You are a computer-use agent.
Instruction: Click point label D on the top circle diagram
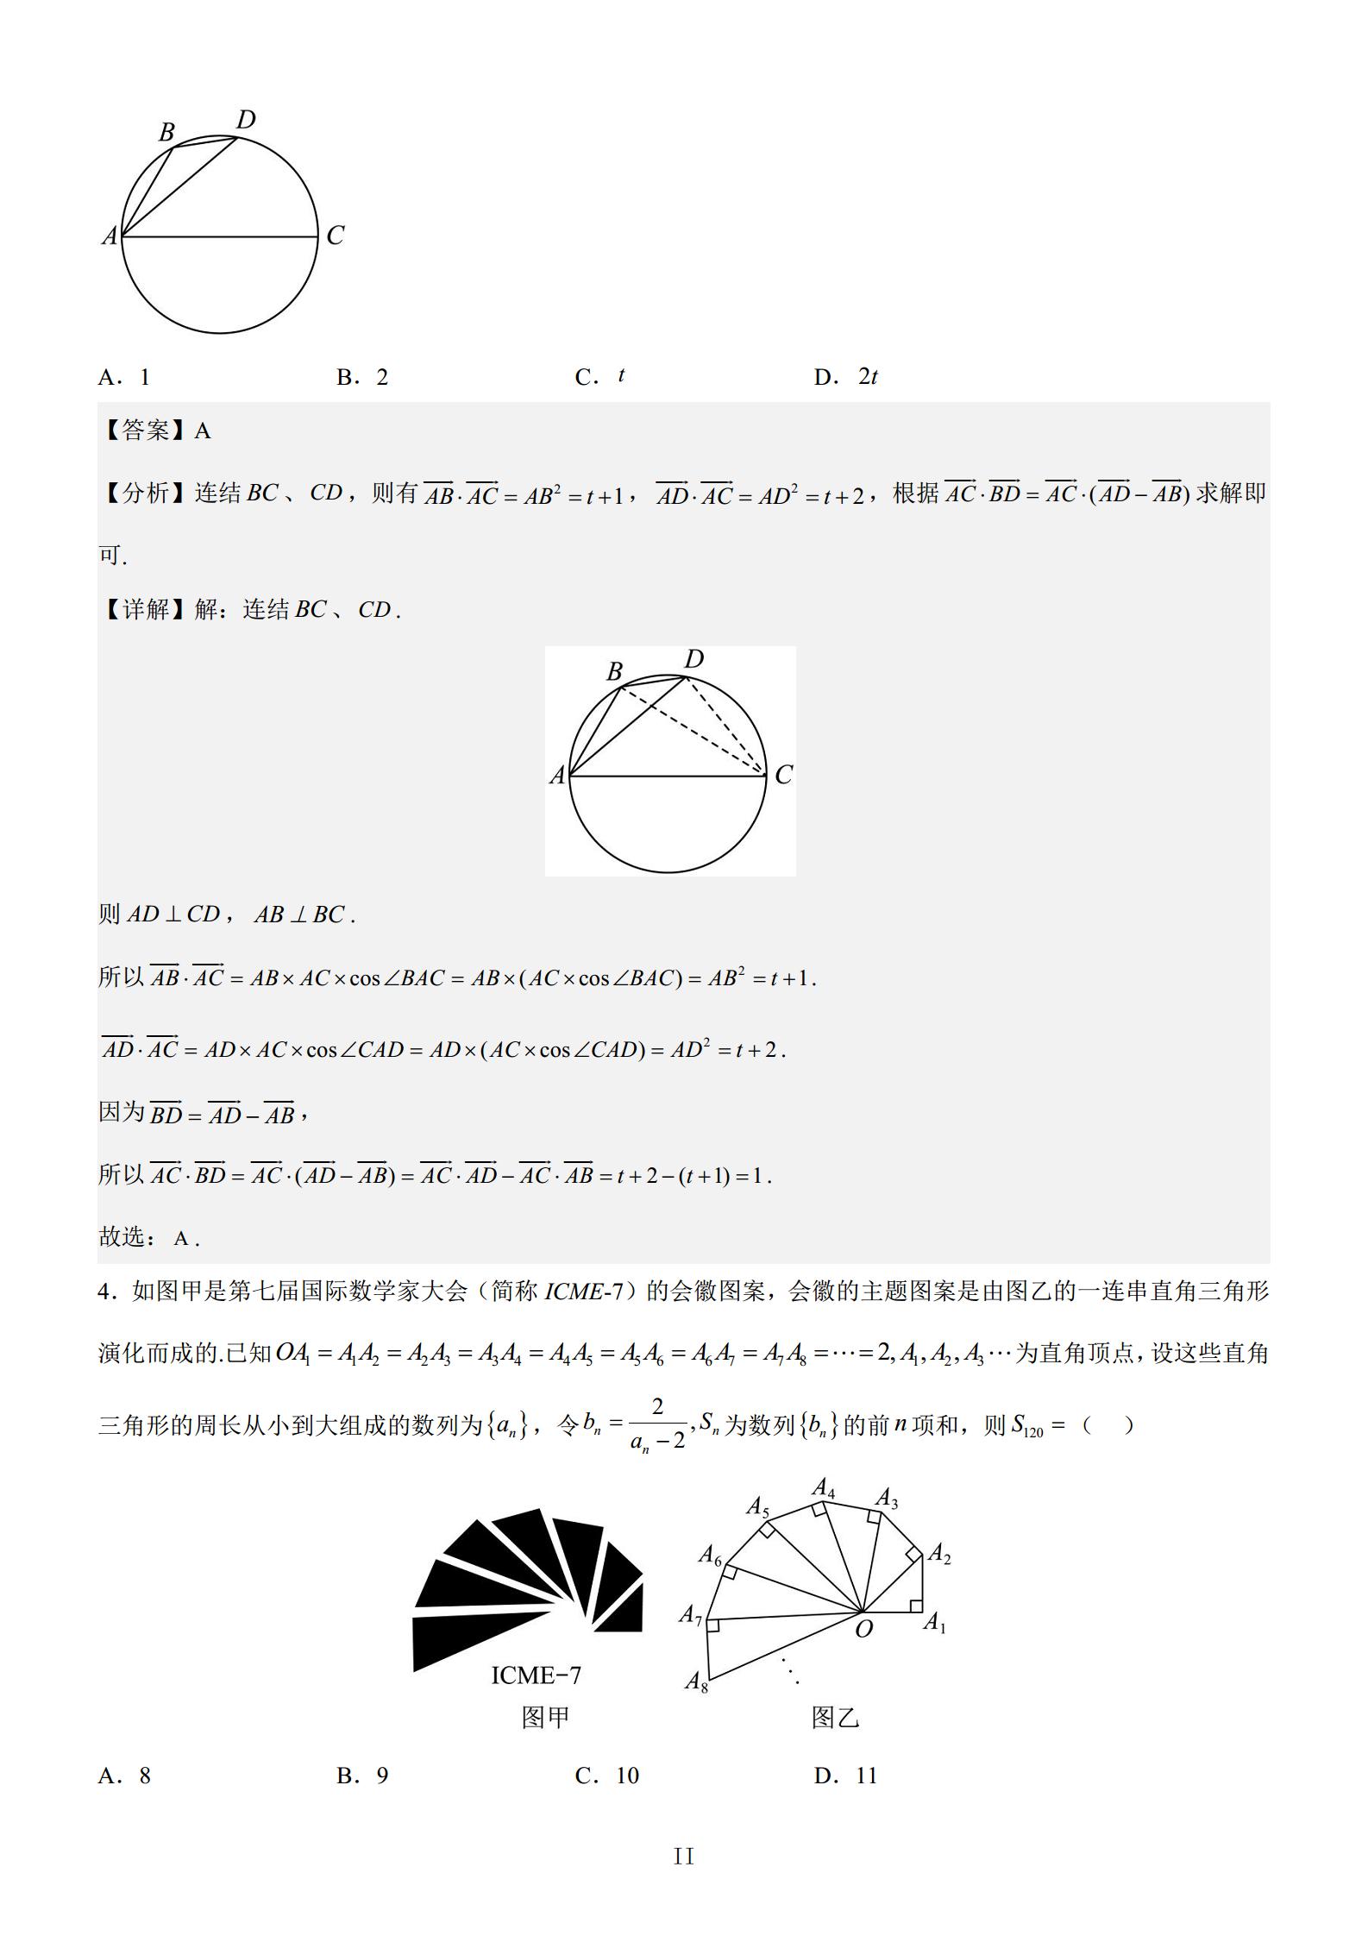[x=246, y=119]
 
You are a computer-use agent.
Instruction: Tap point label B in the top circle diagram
[x=166, y=132]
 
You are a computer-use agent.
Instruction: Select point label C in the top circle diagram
[x=335, y=236]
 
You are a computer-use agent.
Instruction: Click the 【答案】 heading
[x=144, y=431]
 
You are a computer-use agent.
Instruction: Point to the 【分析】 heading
[x=144, y=493]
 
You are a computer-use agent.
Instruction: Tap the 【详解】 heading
[x=144, y=610]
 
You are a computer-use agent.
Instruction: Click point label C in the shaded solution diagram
[x=783, y=775]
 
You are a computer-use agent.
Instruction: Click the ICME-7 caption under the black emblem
[x=536, y=1675]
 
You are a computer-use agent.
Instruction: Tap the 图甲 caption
[x=545, y=1718]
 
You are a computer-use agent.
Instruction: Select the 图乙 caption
[x=835, y=1718]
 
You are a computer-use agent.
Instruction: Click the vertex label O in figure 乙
[x=863, y=1629]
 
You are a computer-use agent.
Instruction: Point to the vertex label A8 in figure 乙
[x=696, y=1681]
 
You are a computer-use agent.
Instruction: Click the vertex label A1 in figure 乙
[x=935, y=1623]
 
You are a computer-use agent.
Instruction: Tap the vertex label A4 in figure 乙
[x=824, y=1488]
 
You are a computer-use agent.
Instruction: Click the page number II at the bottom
[x=684, y=1857]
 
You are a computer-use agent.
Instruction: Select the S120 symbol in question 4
[x=1027, y=1425]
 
